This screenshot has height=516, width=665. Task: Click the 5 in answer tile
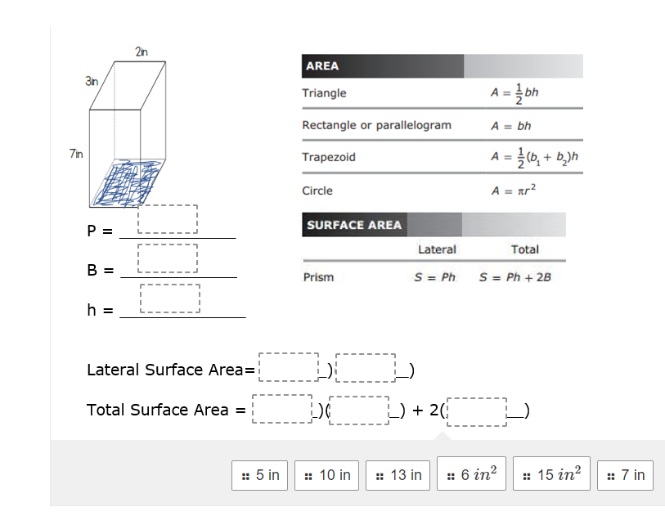coord(261,475)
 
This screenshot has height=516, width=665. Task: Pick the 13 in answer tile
coord(398,475)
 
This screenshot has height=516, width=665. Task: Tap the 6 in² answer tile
coord(472,475)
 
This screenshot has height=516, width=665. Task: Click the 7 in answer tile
coord(626,475)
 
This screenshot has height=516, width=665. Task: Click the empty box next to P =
coord(168,218)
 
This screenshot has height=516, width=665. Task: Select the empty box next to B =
coord(168,258)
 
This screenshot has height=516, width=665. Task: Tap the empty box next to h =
coord(170,298)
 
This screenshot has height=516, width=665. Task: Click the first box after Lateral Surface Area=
coord(289,368)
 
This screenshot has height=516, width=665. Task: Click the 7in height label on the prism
coord(75,153)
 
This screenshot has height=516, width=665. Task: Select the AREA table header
coord(322,66)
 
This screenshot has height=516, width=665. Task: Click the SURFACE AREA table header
coord(354,225)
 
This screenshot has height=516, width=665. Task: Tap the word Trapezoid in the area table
coord(329,157)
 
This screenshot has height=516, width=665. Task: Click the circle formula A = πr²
coord(512,191)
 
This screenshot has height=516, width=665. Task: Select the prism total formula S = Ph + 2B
coord(515,277)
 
